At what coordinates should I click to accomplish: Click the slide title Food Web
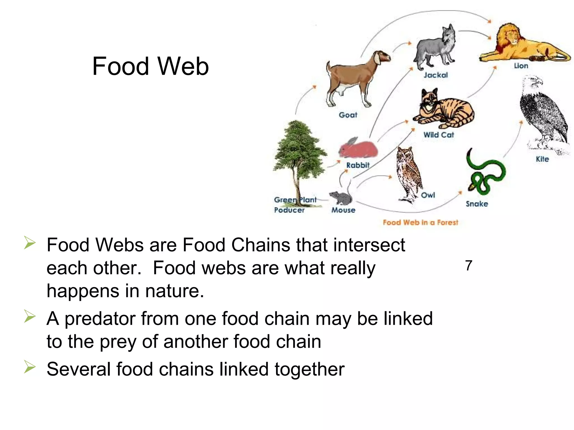151,66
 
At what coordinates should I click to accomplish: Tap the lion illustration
521,43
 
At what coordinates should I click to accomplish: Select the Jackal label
436,75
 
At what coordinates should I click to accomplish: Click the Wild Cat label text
438,135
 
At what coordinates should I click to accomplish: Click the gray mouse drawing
340,198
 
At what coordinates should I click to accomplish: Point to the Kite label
542,159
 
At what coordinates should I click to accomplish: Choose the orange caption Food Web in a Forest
420,223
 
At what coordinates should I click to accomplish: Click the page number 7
469,265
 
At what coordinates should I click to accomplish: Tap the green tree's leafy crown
299,148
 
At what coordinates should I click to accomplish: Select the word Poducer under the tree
289,210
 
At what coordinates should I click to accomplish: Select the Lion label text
521,66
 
